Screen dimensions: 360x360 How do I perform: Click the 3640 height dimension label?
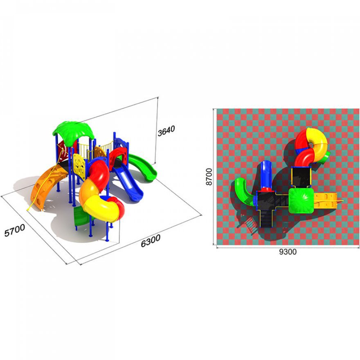tap(166, 130)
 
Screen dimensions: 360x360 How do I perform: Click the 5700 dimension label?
tap(15, 230)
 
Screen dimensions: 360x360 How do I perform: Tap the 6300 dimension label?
tap(151, 241)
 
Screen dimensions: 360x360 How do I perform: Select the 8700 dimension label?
tap(209, 177)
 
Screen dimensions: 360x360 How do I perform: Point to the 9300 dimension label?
tap(288, 252)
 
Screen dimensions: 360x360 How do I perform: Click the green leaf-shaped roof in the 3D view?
tap(74, 131)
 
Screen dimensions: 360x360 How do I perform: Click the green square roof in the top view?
tap(301, 200)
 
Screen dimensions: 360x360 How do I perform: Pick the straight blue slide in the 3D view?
tap(128, 182)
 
